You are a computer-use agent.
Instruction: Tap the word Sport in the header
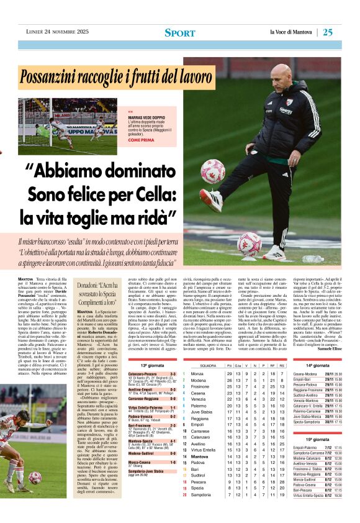(180, 32)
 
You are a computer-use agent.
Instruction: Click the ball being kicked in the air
(212, 171)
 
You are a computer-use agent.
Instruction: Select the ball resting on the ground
(249, 243)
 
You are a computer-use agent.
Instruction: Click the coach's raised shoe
(212, 201)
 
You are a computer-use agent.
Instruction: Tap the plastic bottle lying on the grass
(312, 259)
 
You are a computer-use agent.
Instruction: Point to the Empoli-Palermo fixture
(307, 447)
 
